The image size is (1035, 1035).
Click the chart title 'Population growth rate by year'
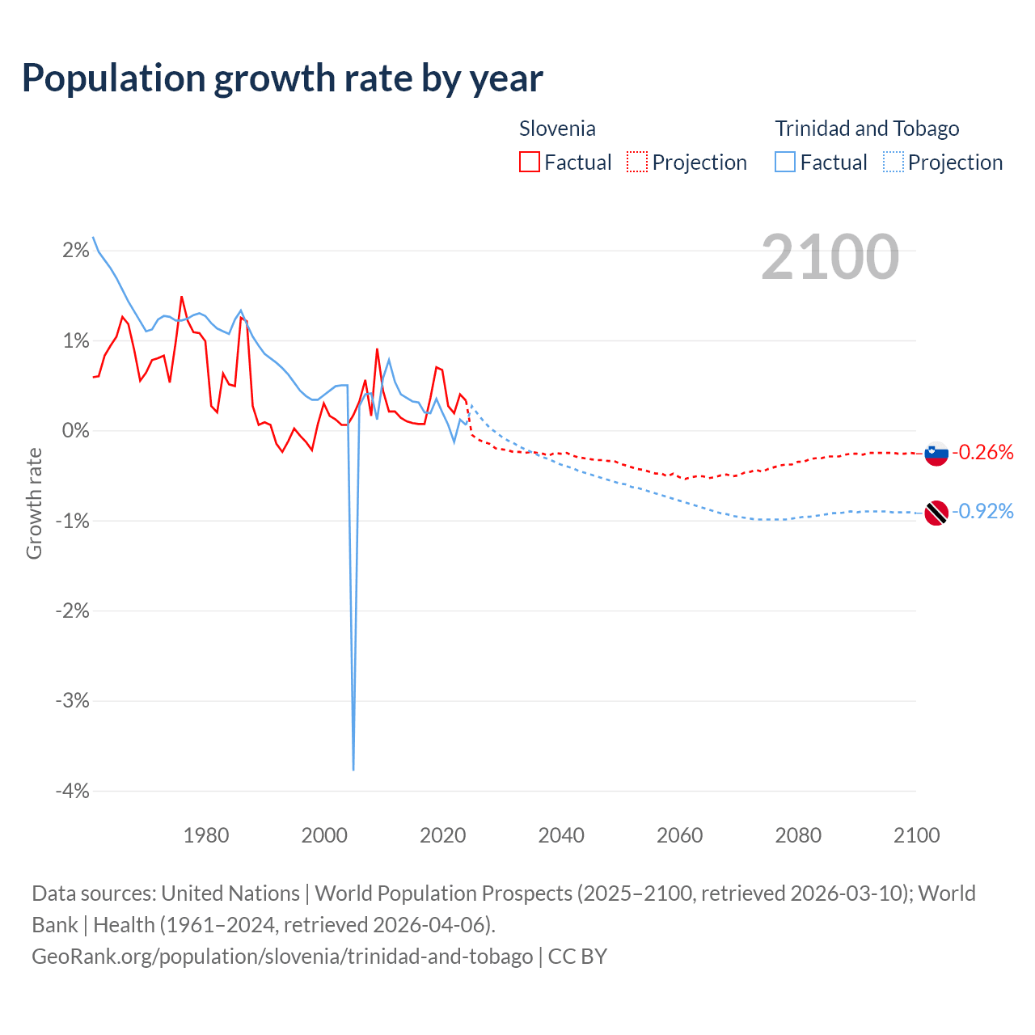282,78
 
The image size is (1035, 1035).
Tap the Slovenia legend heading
557,129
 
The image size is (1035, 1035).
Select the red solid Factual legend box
530,163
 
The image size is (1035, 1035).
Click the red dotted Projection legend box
637,163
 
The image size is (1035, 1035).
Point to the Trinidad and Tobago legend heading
867,129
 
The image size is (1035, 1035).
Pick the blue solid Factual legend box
785,163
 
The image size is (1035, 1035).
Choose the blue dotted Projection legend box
893,163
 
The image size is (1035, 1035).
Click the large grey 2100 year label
830,256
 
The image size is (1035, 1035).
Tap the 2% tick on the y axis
76,251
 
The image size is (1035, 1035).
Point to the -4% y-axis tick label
73,791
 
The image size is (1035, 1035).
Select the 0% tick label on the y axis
76,431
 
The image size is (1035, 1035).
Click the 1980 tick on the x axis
206,835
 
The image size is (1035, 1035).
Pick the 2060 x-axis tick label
679,835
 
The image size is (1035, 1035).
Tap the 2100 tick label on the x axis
916,835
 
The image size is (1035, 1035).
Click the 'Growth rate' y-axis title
34,503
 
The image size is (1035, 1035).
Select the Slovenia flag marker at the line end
936,454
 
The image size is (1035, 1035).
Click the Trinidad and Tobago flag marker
936,513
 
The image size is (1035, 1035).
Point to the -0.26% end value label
982,452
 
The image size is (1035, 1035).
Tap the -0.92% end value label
982,511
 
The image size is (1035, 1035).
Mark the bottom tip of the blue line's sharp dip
353,769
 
